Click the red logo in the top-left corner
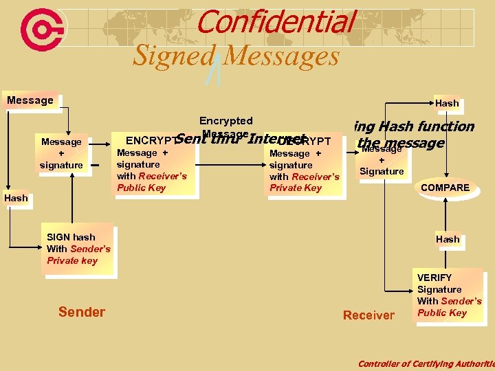43,30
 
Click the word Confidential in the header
275,21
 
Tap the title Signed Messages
236,56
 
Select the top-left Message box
30,100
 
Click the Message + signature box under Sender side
61,153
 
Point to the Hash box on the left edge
16,198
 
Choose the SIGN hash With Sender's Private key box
78,249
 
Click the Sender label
82,312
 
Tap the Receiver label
368,315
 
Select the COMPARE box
445,188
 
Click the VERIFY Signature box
449,295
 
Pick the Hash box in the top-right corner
447,103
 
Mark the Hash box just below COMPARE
448,239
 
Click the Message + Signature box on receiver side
382,159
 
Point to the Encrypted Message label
225,126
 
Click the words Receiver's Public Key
151,182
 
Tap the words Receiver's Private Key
304,182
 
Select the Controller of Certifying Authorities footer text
426,364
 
